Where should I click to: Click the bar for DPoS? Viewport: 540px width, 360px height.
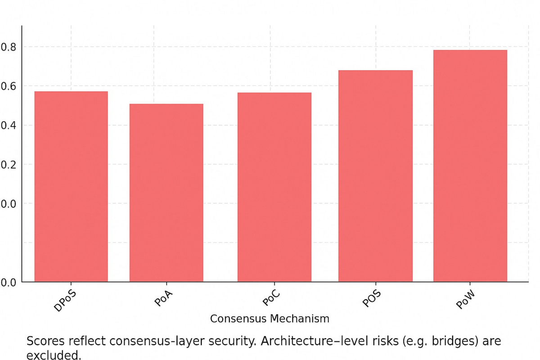tap(71, 187)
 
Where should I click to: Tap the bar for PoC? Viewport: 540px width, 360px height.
tap(274, 187)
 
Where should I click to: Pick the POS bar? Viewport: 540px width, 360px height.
tap(375, 176)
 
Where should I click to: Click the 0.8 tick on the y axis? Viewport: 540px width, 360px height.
tap(9, 47)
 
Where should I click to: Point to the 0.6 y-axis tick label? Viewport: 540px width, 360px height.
tap(9, 86)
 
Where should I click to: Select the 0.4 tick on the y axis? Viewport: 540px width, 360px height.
tap(9, 125)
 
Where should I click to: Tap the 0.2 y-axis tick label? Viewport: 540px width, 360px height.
tap(9, 164)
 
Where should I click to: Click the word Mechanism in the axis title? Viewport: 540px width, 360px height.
tap(300, 319)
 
